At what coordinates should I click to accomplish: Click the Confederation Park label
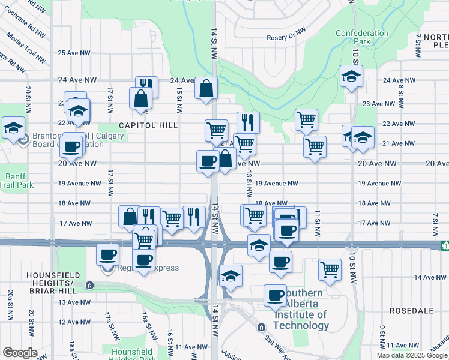(x=362, y=37)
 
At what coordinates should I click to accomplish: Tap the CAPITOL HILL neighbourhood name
(x=148, y=125)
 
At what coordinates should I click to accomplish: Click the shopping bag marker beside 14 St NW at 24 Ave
(x=206, y=89)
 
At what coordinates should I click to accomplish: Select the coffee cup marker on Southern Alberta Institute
(x=276, y=296)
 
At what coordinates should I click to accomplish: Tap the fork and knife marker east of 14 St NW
(x=248, y=123)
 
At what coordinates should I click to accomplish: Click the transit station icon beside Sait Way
(x=261, y=328)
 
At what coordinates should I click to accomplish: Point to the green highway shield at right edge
(x=445, y=245)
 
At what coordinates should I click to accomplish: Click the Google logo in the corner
(x=20, y=353)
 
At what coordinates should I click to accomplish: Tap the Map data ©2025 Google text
(x=412, y=355)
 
